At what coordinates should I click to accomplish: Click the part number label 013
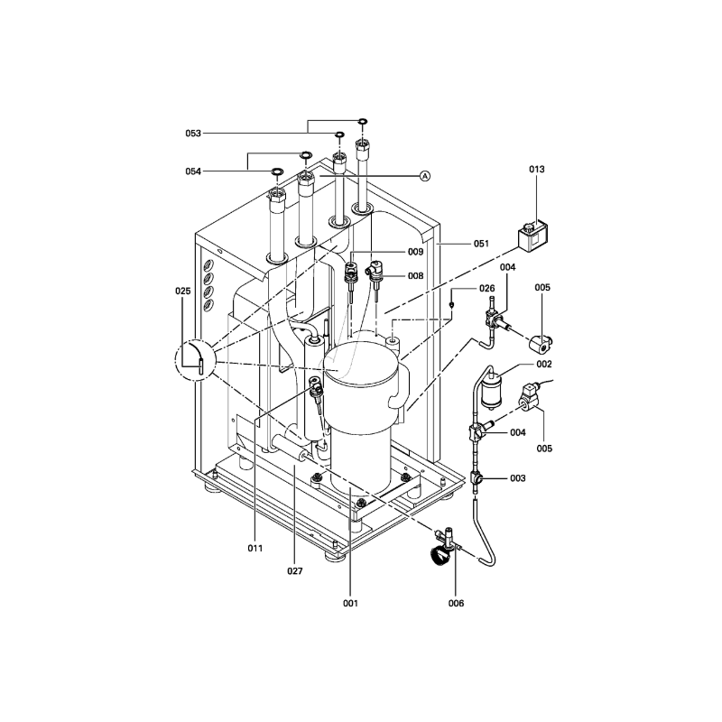pos(536,170)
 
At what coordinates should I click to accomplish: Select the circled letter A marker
pos(425,176)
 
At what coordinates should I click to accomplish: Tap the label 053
pos(193,134)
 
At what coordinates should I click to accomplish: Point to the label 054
pos(193,171)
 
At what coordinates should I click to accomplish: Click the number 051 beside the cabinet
pos(481,244)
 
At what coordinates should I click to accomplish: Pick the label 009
pos(415,252)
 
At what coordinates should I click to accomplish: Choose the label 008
pos(415,276)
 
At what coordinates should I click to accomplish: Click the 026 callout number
pos(486,289)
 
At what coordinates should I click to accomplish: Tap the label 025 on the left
pos(183,291)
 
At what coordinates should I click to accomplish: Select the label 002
pos(544,365)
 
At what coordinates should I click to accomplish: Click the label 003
pos(517,478)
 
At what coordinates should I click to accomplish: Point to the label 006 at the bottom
pos(457,603)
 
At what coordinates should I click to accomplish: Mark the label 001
pos(350,603)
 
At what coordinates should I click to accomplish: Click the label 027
pos(295,571)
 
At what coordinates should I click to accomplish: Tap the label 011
pos(255,548)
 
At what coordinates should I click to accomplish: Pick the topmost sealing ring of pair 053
pos(363,121)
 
